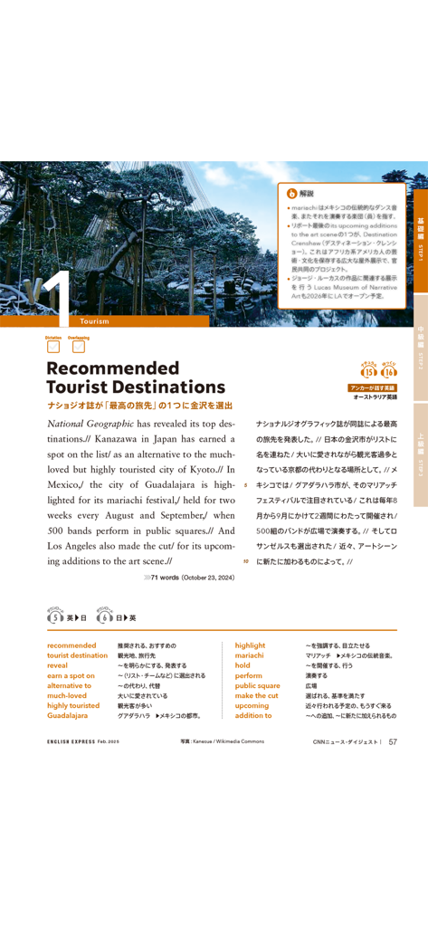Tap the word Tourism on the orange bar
tap(94, 321)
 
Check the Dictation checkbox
tap(53, 346)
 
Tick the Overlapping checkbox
tap(78, 346)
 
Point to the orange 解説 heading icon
tap(291, 193)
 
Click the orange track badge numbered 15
tap(368, 371)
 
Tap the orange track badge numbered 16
tap(390, 371)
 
